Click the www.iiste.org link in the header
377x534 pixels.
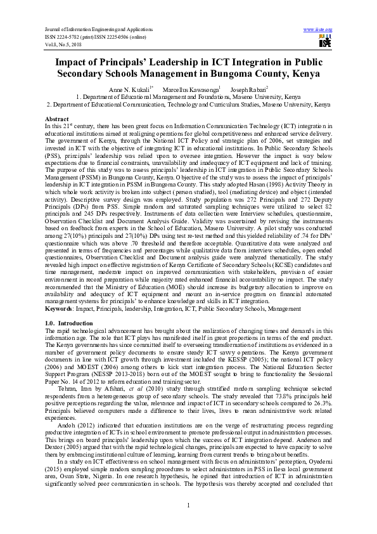click(x=318, y=30)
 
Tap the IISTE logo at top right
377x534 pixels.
click(x=325, y=41)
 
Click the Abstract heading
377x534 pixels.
click(x=56, y=119)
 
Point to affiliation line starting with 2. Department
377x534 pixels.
click(x=188, y=104)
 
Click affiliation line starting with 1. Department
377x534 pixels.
click(x=188, y=97)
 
